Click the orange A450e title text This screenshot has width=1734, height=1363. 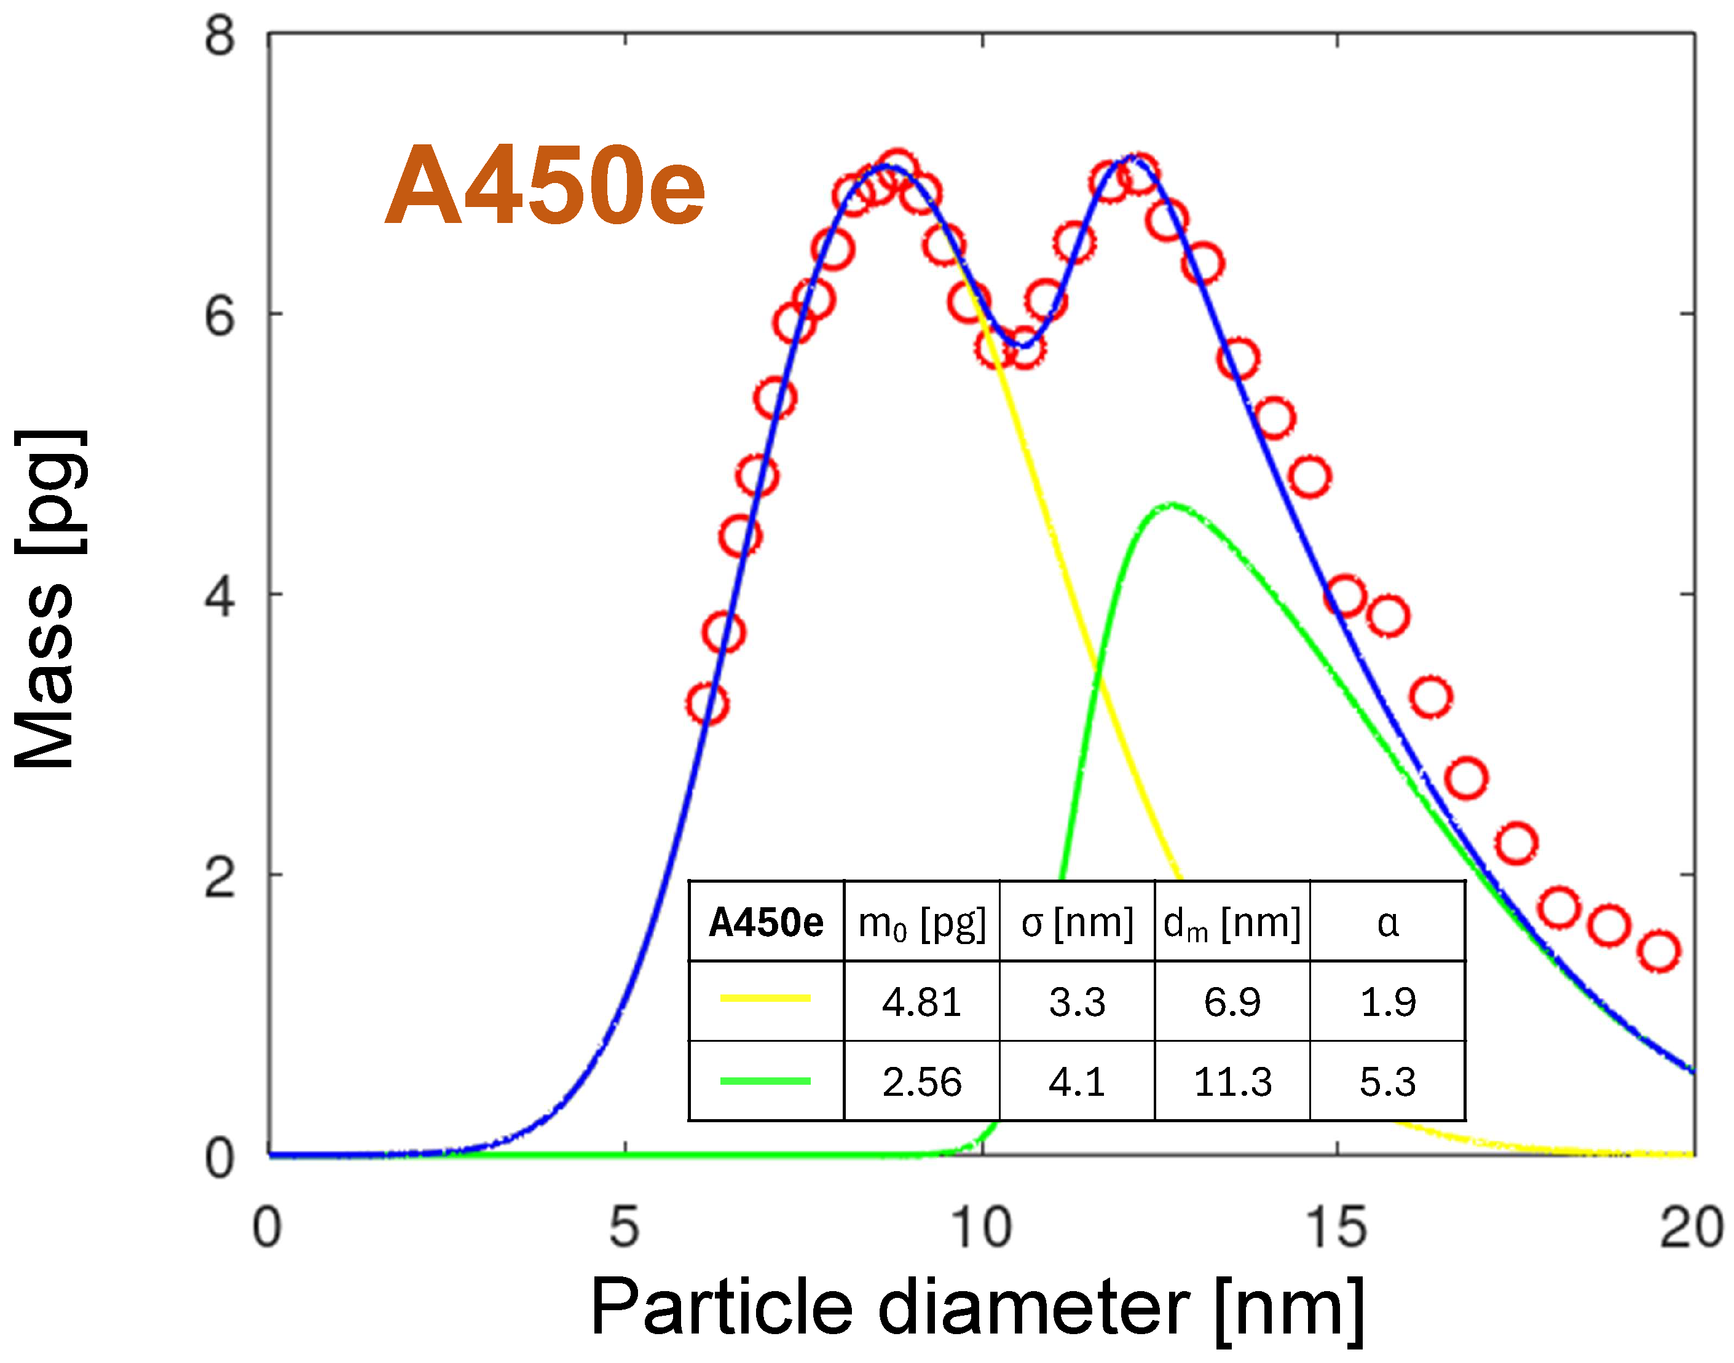tap(545, 187)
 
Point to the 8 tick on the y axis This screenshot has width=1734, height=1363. tap(219, 36)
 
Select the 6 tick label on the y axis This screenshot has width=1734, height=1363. tap(219, 317)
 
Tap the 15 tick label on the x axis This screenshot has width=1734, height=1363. tap(1336, 1227)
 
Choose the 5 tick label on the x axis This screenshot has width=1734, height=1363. tap(625, 1227)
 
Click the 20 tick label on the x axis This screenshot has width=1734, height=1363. tap(1691, 1227)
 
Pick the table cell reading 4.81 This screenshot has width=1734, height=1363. tap(921, 1002)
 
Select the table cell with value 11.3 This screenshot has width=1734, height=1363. tap(1232, 1083)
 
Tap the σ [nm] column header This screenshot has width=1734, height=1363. tap(1077, 923)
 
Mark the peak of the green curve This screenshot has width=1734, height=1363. tap(1170, 504)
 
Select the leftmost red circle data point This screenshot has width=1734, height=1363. tap(706, 704)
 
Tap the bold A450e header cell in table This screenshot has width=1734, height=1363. tap(766, 923)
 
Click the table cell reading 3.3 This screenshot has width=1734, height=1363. tap(1077, 1002)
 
